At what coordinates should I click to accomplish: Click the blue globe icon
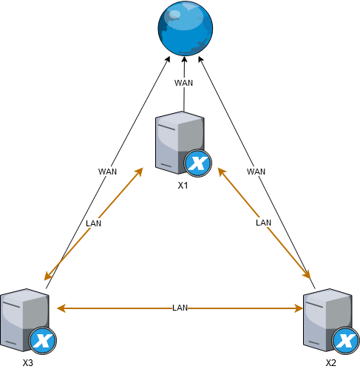[x=185, y=28]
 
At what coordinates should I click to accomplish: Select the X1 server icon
[x=183, y=143]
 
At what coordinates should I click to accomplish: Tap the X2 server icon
[x=331, y=321]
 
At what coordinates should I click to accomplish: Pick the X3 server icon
[x=28, y=321]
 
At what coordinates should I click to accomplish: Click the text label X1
[x=183, y=186]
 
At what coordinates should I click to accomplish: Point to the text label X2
[x=330, y=363]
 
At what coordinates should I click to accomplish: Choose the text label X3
[x=28, y=363]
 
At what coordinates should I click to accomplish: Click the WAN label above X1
[x=183, y=83]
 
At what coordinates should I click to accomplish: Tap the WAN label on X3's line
[x=107, y=172]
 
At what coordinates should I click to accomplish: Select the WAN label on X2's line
[x=256, y=172]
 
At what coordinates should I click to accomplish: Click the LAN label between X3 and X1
[x=93, y=223]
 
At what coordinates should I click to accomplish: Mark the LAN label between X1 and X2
[x=263, y=223]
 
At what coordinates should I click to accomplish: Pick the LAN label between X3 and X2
[x=180, y=308]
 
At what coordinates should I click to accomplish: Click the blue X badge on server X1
[x=197, y=163]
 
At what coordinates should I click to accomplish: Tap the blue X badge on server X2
[x=345, y=341]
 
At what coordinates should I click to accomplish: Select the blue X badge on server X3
[x=43, y=341]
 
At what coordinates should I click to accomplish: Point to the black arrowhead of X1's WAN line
[x=184, y=60]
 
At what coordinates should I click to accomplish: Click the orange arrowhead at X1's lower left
[x=139, y=172]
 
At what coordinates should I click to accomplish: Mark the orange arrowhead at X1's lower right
[x=222, y=172]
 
